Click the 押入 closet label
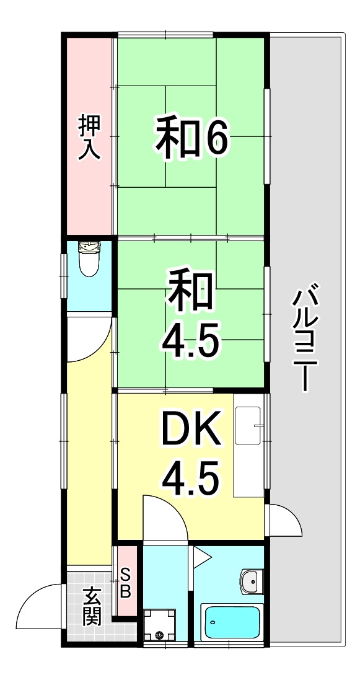pyautogui.click(x=89, y=138)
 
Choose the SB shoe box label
pyautogui.click(x=125, y=583)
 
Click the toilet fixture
pyautogui.click(x=89, y=259)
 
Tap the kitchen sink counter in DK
pyautogui.click(x=248, y=451)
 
